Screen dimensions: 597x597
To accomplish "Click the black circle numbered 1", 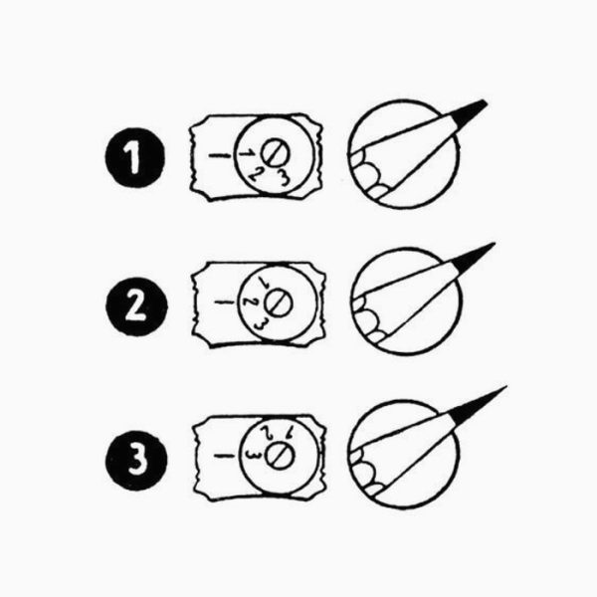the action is pyautogui.click(x=134, y=157).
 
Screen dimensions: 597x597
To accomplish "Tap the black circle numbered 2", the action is pyautogui.click(x=136, y=306).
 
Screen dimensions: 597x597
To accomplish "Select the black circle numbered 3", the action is pyautogui.click(x=136, y=460).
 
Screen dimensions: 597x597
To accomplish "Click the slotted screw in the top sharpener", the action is pyautogui.click(x=275, y=152).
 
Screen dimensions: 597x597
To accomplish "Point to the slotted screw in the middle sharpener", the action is pyautogui.click(x=279, y=303).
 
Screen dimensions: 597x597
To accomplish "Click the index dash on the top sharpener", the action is pyautogui.click(x=220, y=155).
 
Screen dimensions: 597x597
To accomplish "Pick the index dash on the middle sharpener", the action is pyautogui.click(x=224, y=302).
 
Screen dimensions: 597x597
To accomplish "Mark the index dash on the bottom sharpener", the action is pyautogui.click(x=224, y=456).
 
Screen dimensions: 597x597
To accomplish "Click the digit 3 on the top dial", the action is pyautogui.click(x=284, y=177).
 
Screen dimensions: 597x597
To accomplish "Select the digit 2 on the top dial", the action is pyautogui.click(x=256, y=174).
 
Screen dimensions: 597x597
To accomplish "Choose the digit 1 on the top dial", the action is pyautogui.click(x=247, y=153).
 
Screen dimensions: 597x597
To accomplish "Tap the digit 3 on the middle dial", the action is pyautogui.click(x=261, y=324).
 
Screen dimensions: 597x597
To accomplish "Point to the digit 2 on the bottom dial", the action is pyautogui.click(x=268, y=433).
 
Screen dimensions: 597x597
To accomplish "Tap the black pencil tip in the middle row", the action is pyautogui.click(x=474, y=257).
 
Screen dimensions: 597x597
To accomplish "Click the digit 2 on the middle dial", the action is pyautogui.click(x=251, y=301).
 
